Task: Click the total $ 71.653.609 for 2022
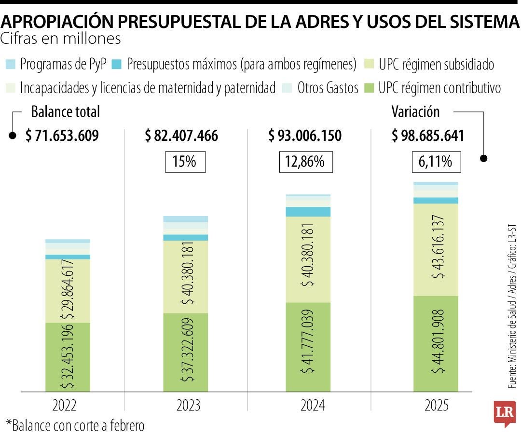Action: coord(62,136)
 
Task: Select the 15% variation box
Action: coord(185,162)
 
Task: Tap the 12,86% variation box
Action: coord(306,162)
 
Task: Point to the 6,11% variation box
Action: coord(436,162)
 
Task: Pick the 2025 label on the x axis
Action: coord(436,406)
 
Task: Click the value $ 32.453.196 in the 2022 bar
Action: coord(68,356)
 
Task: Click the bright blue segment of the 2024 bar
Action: coord(308,212)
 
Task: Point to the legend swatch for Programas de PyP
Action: coord(11,64)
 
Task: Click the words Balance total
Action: coord(65,112)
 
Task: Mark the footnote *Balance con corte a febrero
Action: coord(75,425)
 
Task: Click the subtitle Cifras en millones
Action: coord(61,38)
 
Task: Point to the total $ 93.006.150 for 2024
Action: coord(305,136)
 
